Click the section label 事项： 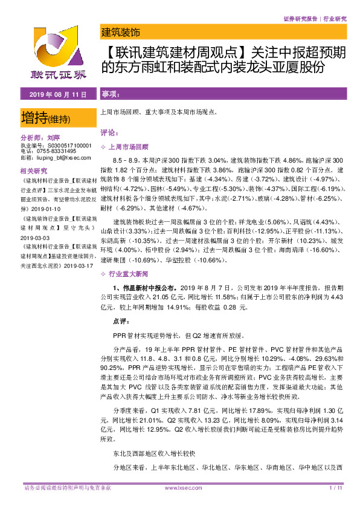(111, 95)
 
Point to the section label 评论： (111, 132)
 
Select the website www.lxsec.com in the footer (179, 487)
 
